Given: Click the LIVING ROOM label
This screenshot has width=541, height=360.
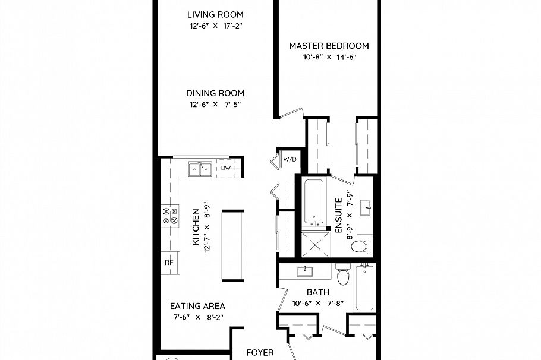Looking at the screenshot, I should (215, 15).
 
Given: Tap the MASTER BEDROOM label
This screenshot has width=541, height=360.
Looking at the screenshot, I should (329, 46).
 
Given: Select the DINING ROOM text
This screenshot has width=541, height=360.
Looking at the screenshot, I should (215, 93).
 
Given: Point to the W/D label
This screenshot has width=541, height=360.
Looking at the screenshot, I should (290, 159).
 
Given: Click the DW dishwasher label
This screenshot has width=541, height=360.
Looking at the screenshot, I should (226, 169).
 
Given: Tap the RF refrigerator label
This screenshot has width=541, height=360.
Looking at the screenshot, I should (169, 262).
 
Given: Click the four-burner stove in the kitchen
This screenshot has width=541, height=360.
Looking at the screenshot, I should (171, 214).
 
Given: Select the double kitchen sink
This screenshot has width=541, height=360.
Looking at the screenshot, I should (200, 170).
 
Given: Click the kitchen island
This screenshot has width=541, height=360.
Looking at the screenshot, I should (232, 245).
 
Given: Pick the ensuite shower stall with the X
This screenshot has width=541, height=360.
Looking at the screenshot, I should (314, 244).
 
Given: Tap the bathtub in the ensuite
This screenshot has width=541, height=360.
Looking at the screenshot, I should (314, 202).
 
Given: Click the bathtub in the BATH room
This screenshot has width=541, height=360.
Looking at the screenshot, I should (364, 288).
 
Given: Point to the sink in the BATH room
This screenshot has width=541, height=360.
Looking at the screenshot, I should (306, 272).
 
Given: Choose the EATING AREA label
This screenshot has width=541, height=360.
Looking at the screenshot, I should (198, 306).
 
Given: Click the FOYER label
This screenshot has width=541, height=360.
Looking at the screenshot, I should (260, 352).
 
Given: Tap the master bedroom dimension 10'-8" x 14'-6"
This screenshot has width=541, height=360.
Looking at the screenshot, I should (329, 58).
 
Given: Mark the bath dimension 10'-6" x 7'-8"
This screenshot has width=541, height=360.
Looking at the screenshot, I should (317, 303).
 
